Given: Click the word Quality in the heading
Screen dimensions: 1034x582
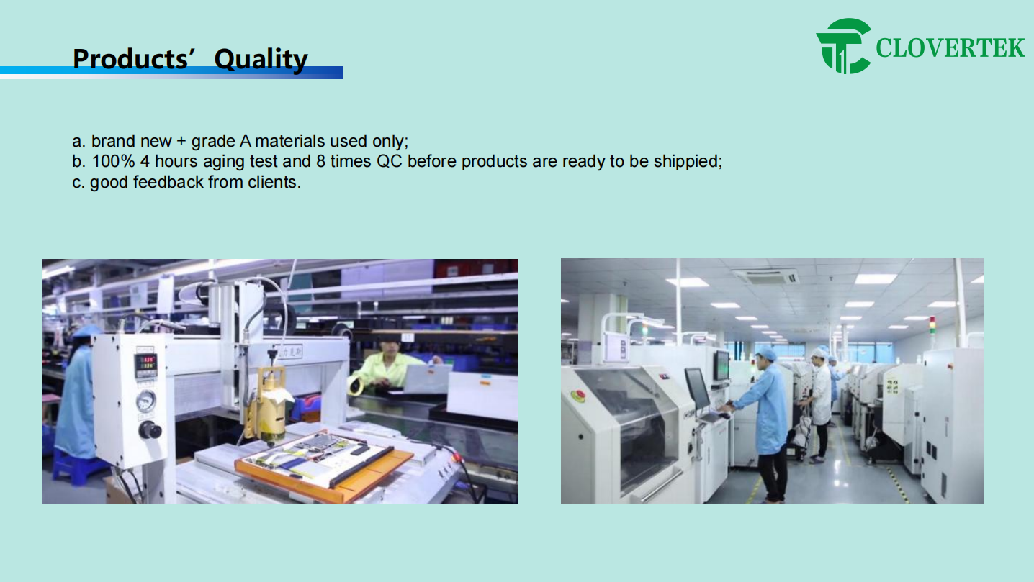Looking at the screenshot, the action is pos(261,60).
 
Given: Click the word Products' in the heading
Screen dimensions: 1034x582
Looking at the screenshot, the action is pos(131,59).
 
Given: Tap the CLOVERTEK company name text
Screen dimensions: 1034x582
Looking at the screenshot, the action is pos(950,48).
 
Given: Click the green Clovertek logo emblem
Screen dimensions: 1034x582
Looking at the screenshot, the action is pos(844,46).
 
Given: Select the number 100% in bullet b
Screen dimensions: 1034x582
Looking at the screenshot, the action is pos(113,161).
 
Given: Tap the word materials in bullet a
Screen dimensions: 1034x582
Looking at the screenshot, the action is pos(290,141).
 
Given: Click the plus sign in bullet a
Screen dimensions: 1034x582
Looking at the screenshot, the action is pos(181,142).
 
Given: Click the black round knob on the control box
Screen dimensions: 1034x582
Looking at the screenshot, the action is pos(150,429).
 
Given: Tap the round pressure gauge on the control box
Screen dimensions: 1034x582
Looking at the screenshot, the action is pos(146,400).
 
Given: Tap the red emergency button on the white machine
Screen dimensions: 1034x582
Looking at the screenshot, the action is pos(577,395).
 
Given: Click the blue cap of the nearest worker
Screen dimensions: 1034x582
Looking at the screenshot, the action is pos(766,354).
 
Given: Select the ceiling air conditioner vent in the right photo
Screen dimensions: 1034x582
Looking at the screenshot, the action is pos(766,276).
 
